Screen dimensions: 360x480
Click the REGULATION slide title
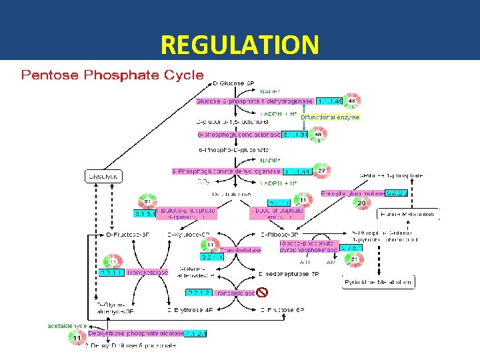click(x=240, y=45)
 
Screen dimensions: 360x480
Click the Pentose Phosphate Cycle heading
click(x=112, y=75)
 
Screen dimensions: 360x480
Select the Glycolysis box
click(x=104, y=177)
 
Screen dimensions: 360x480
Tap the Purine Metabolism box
click(x=409, y=214)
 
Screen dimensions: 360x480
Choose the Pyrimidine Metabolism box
click(x=378, y=282)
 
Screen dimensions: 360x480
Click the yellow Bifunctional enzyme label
click(x=330, y=117)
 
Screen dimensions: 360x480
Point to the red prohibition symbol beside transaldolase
click(x=262, y=292)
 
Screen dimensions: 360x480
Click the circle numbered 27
click(x=321, y=171)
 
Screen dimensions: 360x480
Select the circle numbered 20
click(x=361, y=203)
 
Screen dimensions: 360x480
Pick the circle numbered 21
click(x=354, y=259)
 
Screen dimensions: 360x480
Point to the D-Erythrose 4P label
click(x=191, y=309)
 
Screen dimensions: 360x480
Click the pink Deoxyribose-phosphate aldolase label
click(x=127, y=333)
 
